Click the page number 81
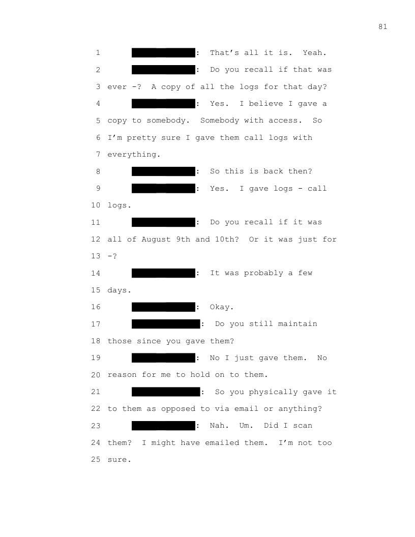pos(383,27)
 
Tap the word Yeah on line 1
pos(314,53)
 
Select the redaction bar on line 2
pos(163,70)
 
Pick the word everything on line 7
pos(134,155)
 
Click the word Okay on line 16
pos(222,307)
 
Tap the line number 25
pos(96,459)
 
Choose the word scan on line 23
pos(303,426)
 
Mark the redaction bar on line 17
pos(166,324)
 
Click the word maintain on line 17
pos(298,323)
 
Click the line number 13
pos(96,256)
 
